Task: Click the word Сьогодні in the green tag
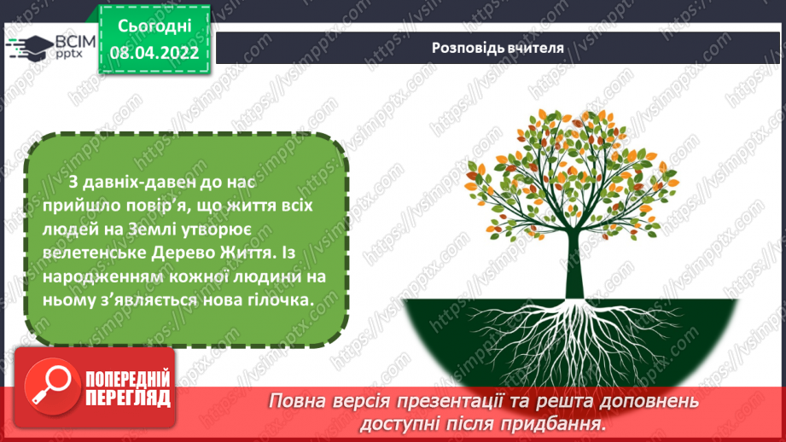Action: pyautogui.click(x=154, y=26)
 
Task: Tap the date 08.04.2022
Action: pyautogui.click(x=154, y=53)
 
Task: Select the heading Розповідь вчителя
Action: pyautogui.click(x=498, y=48)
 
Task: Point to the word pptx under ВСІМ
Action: pyautogui.click(x=69, y=53)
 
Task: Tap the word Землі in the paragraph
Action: pyautogui.click(x=151, y=230)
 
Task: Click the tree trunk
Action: pyautogui.click(x=575, y=265)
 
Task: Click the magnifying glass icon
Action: pyautogui.click(x=51, y=386)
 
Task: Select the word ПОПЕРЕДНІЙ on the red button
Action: pyautogui.click(x=128, y=381)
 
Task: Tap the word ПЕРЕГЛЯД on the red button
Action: pyautogui.click(x=128, y=398)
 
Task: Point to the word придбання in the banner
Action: pyautogui.click(x=551, y=424)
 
